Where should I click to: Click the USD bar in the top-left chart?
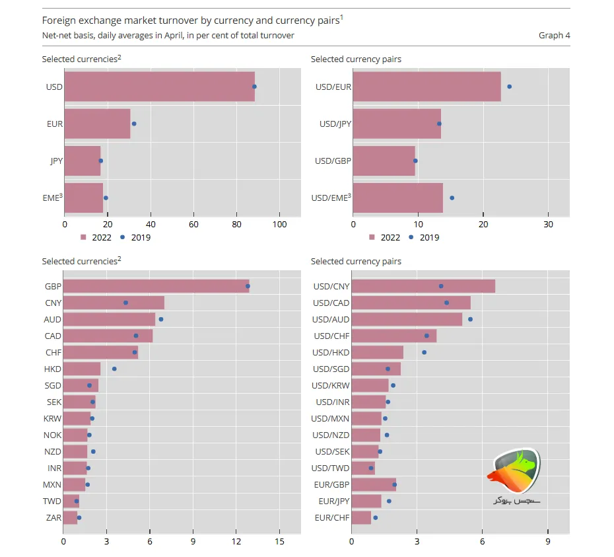tap(159, 87)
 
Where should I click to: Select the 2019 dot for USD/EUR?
tap(509, 87)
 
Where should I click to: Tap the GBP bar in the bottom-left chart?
tap(156, 286)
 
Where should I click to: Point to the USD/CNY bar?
tap(423, 286)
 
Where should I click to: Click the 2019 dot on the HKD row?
tap(114, 369)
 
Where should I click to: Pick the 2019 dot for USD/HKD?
tap(424, 352)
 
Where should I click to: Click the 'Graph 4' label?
tap(554, 35)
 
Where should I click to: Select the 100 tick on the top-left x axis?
tap(279, 225)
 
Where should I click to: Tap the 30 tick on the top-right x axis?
tap(548, 225)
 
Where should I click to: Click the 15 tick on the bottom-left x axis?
tap(279, 542)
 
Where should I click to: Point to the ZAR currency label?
tap(53, 517)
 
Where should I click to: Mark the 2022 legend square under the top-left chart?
tap(84, 237)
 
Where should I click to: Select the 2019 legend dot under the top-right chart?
tap(411, 237)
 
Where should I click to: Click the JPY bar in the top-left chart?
tap(83, 161)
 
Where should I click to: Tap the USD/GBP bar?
tap(384, 161)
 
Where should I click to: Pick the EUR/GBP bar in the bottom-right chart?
tap(374, 484)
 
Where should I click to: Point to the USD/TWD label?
tap(331, 468)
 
